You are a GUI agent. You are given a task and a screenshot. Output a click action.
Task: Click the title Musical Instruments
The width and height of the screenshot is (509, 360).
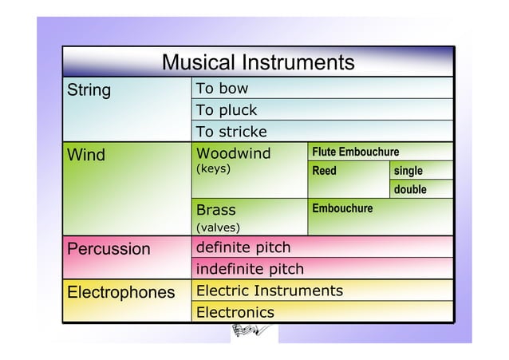[x=258, y=62]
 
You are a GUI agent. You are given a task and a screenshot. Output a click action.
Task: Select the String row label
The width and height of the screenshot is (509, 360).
[x=89, y=89]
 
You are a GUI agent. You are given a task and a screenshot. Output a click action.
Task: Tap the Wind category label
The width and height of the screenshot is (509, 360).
[x=86, y=154]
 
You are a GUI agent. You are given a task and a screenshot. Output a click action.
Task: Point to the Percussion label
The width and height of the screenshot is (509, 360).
[x=109, y=248]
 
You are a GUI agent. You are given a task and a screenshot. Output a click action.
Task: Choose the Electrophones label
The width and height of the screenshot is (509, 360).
[x=121, y=292]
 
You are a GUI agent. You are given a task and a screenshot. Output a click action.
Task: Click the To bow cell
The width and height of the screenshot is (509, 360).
[x=223, y=89]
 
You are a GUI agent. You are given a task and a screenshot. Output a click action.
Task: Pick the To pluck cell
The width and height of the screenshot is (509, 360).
[x=227, y=110]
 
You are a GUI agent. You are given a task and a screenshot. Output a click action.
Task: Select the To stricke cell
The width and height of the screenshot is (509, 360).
[x=231, y=132]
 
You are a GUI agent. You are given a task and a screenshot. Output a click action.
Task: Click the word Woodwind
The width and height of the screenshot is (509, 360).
[x=234, y=153]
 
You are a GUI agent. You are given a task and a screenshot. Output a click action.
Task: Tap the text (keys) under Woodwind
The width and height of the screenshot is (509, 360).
[x=213, y=169]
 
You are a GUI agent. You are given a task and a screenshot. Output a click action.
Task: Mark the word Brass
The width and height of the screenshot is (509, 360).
[x=216, y=210]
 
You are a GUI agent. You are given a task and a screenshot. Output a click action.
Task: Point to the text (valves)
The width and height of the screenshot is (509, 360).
[x=219, y=229]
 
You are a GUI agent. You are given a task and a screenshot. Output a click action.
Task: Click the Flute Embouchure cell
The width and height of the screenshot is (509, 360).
[x=355, y=152]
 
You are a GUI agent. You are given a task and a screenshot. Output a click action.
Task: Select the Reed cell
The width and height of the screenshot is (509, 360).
[x=325, y=171]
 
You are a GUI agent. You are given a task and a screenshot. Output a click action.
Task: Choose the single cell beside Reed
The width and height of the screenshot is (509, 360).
[x=408, y=171]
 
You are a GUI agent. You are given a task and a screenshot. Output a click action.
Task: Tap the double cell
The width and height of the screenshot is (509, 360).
[x=410, y=190]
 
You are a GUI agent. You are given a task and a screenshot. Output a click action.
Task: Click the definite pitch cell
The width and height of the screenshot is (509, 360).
[x=243, y=248]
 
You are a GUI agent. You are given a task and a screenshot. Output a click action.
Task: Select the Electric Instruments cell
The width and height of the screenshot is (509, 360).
[x=270, y=291]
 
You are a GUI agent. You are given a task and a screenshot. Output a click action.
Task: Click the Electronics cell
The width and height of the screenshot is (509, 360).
[x=235, y=312]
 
